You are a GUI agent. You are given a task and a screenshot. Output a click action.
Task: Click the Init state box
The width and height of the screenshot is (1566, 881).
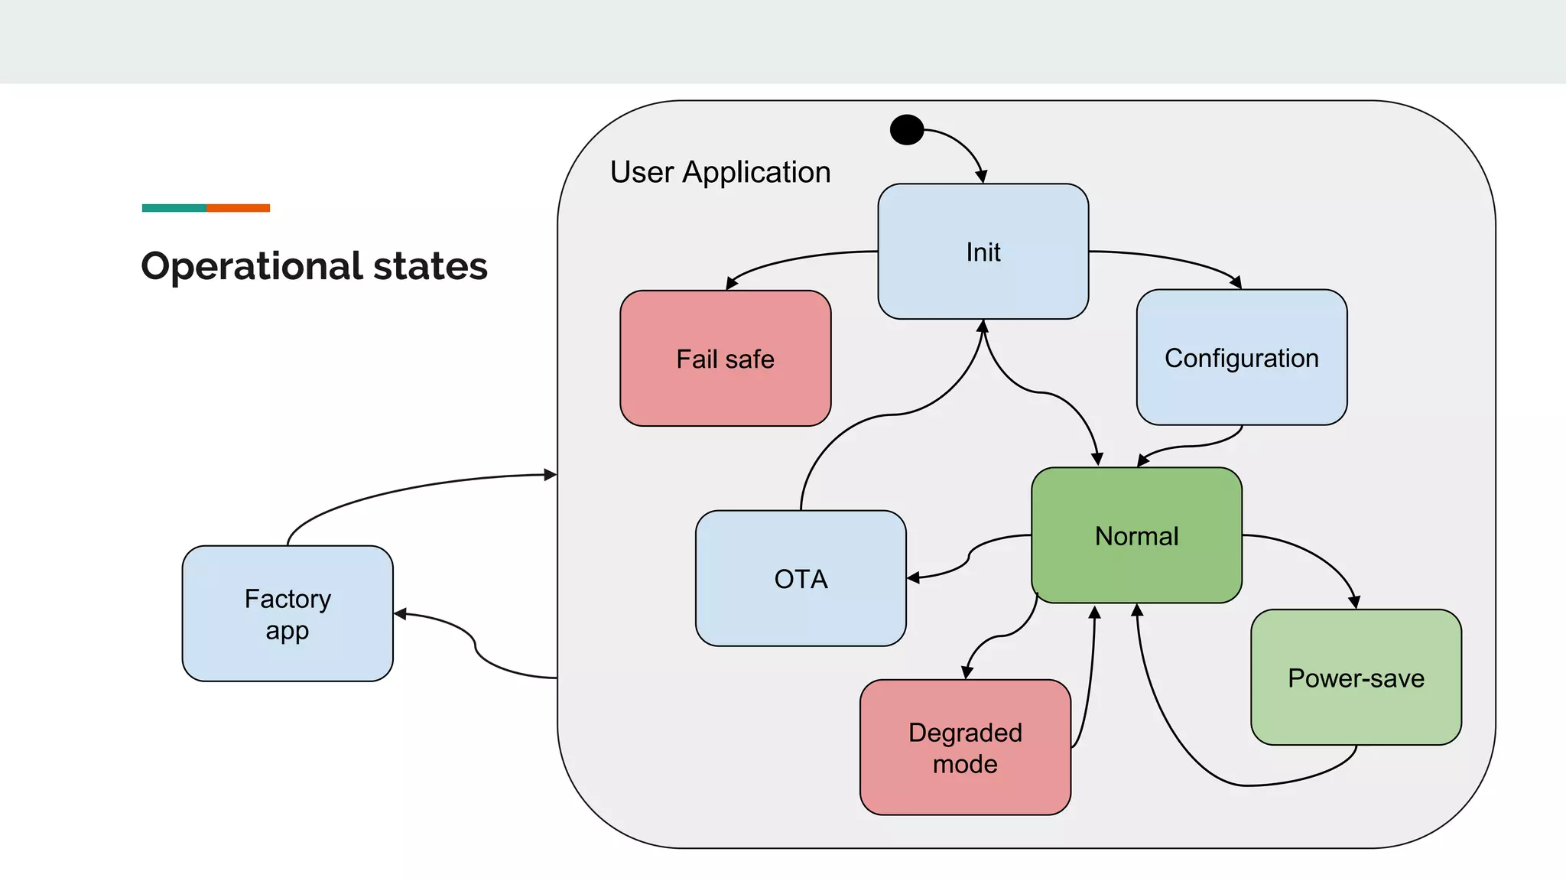point(983,251)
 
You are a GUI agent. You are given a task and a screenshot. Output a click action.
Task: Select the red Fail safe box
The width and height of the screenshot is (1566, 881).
point(725,358)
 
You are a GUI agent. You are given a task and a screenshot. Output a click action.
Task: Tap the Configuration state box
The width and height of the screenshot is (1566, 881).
point(1241,357)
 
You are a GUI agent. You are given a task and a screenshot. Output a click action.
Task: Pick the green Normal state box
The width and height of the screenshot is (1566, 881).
point(1136,535)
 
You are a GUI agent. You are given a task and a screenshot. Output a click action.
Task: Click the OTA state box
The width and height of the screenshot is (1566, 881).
point(801,578)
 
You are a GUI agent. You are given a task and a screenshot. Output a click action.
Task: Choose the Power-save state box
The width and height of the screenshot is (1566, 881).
point(1356,678)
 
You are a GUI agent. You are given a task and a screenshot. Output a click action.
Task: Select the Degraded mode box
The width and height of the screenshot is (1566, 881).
point(965,747)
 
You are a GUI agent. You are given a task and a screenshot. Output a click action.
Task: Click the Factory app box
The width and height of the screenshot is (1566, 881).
point(288,613)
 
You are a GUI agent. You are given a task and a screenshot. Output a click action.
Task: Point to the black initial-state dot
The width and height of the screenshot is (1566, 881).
point(907,130)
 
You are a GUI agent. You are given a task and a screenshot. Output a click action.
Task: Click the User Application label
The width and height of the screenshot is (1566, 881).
point(720,172)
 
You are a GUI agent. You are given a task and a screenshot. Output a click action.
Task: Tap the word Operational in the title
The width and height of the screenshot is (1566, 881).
point(252,266)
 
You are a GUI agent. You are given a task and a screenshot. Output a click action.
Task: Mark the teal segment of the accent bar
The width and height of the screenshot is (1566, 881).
point(174,208)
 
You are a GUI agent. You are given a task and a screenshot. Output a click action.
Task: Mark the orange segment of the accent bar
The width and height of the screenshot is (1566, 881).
point(238,208)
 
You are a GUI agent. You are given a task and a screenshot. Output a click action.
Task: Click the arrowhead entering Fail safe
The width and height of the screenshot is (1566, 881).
point(730,284)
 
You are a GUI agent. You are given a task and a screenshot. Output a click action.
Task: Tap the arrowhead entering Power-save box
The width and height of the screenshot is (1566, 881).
point(1354,603)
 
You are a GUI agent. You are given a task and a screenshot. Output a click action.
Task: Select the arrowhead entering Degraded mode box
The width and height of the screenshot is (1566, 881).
point(967,673)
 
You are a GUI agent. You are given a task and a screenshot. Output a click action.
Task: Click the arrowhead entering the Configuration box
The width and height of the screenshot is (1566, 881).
point(1236,284)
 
